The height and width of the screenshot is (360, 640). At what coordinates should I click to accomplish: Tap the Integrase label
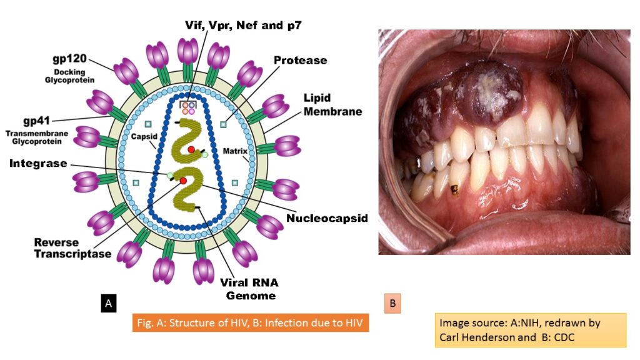tap(37, 163)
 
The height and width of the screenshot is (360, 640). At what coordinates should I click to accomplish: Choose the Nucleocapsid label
tap(327, 218)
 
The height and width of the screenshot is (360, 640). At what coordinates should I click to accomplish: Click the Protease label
tap(300, 60)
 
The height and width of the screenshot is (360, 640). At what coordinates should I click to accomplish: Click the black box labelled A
tap(108, 304)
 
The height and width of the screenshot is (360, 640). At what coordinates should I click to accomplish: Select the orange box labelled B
tap(393, 304)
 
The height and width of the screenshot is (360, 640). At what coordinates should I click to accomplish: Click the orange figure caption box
tap(251, 324)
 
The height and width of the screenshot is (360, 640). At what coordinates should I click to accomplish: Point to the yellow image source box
tap(531, 330)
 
